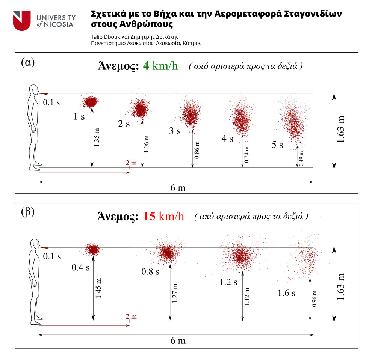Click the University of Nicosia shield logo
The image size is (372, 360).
[x=22, y=21]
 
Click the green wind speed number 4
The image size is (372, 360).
[x=146, y=66]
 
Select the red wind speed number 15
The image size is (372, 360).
[x=149, y=217]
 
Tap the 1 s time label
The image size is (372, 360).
[x=79, y=117]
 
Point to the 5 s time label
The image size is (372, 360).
[x=277, y=145]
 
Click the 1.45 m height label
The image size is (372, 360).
[x=98, y=288]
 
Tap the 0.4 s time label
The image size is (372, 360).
[x=81, y=267]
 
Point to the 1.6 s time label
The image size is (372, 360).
[x=286, y=293]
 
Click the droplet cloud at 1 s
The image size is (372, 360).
[x=90, y=101]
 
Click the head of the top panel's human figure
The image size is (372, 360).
[x=34, y=90]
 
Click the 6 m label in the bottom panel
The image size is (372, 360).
[x=178, y=341]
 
